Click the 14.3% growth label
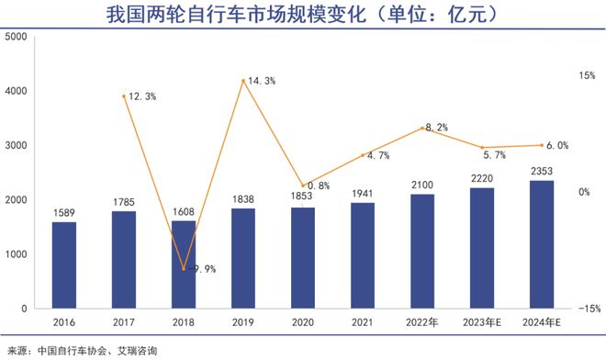[263, 82]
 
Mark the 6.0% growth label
[556, 145]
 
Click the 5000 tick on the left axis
[16, 37]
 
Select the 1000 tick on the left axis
[16, 254]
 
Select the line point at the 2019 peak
[242, 81]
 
